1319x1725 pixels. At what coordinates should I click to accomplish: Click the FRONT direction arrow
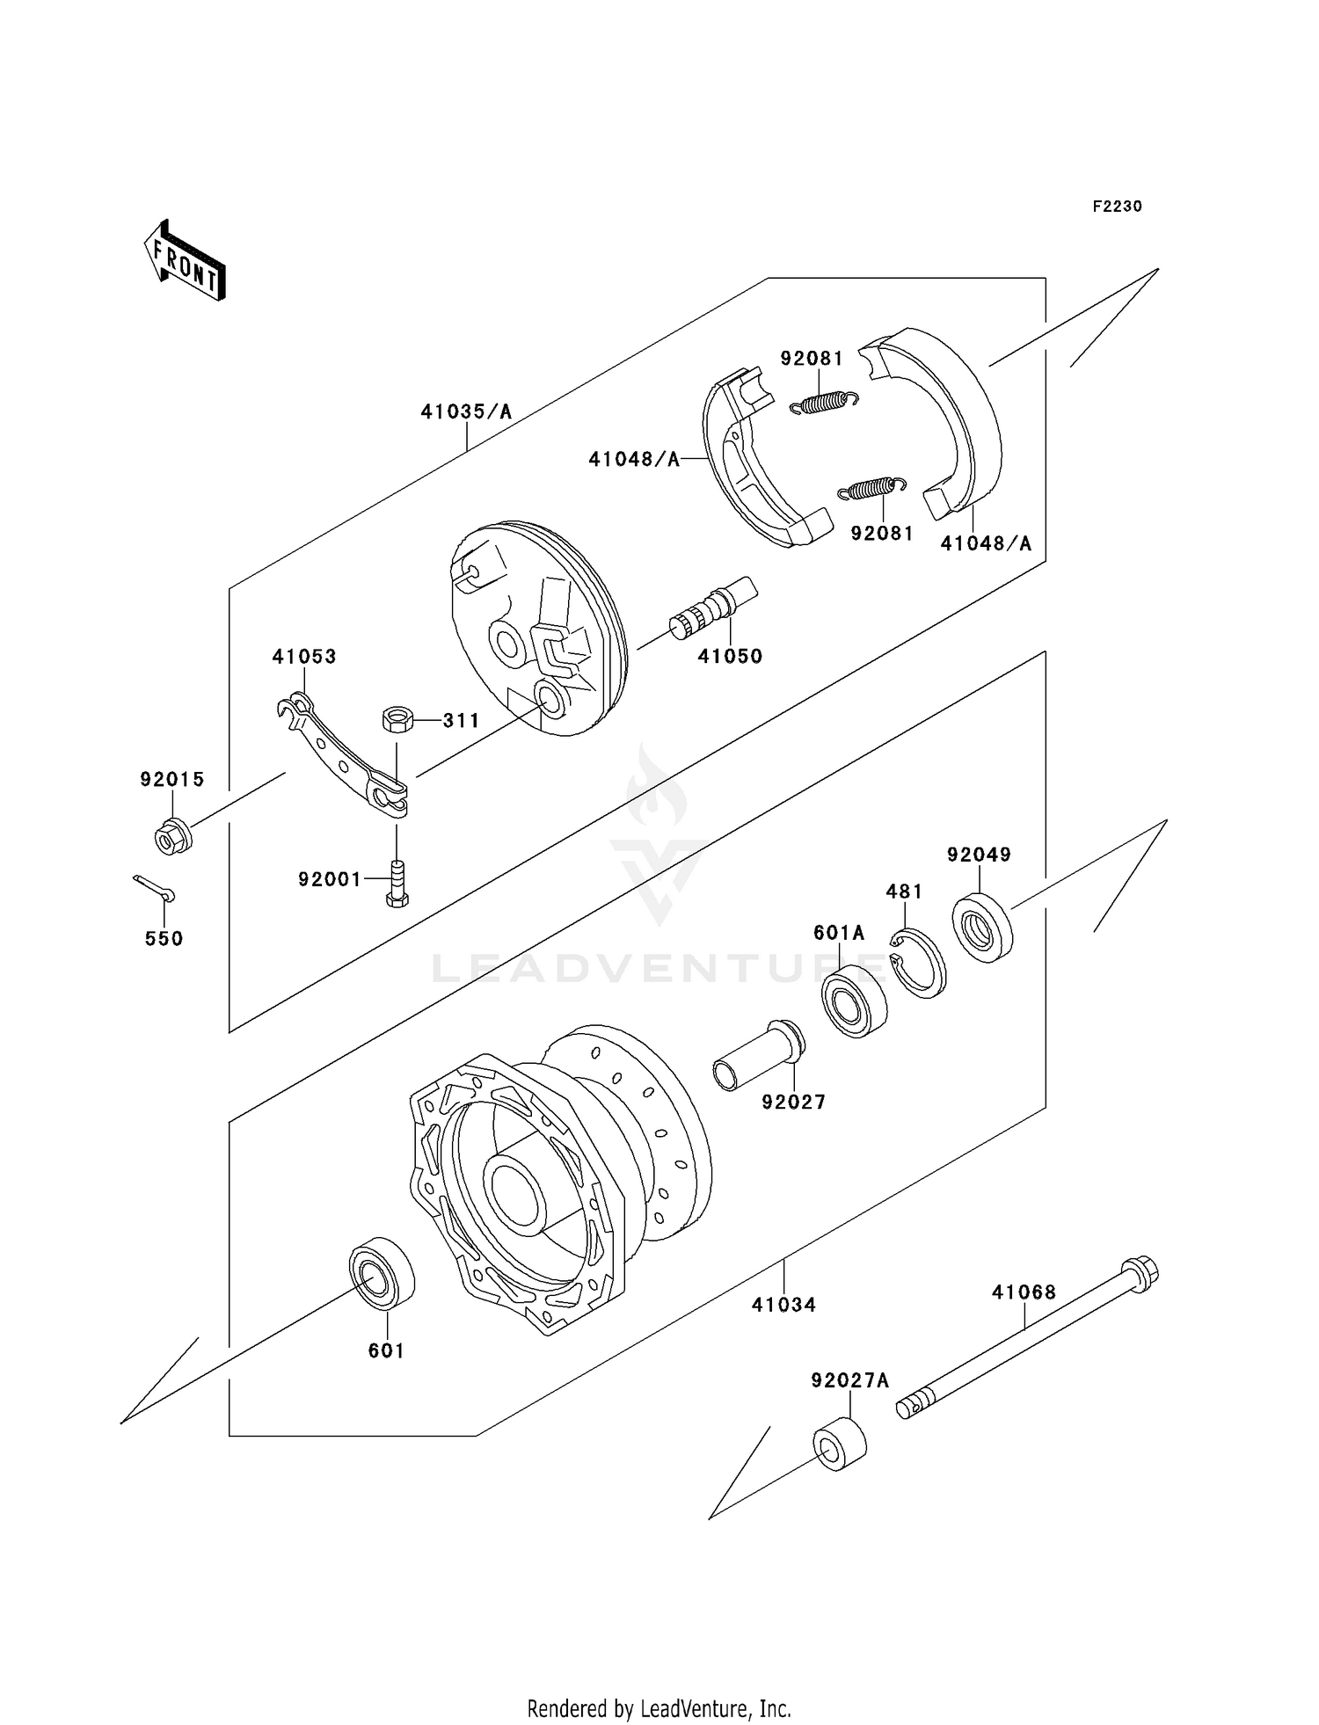pyautogui.click(x=186, y=261)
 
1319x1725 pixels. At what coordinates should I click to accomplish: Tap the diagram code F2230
pyautogui.click(x=1117, y=207)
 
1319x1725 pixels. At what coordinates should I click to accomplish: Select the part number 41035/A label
pyautogui.click(x=465, y=411)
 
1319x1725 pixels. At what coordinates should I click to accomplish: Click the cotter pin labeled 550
pyautogui.click(x=155, y=888)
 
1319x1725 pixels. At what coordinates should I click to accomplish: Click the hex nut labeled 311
pyautogui.click(x=397, y=720)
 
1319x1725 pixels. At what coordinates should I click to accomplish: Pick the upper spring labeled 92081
pyautogui.click(x=823, y=402)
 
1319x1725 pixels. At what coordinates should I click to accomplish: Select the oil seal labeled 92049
pyautogui.click(x=982, y=926)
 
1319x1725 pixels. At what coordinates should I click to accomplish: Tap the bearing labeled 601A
pyautogui.click(x=854, y=1001)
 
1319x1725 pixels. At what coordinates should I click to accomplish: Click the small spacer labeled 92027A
pyautogui.click(x=839, y=1445)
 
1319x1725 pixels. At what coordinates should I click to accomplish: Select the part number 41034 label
pyautogui.click(x=783, y=1305)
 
